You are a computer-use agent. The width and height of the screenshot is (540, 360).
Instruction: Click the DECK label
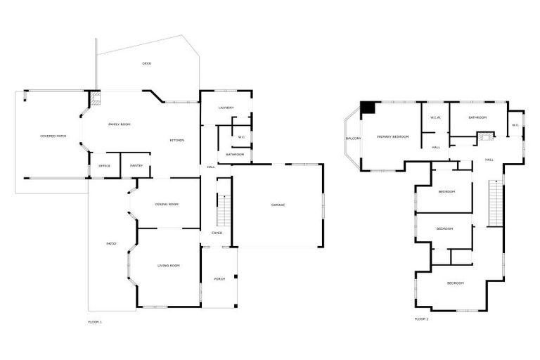click(147, 64)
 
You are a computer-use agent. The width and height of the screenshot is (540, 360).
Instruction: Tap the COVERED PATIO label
click(53, 135)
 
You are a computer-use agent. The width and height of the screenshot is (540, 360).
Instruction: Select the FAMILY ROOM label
click(120, 124)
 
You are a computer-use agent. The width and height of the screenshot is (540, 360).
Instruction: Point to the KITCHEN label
click(176, 141)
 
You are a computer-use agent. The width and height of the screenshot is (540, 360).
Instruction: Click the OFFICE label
click(105, 166)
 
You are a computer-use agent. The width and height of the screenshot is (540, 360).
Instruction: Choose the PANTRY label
click(136, 166)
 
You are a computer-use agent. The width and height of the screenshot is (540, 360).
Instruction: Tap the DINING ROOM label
click(167, 205)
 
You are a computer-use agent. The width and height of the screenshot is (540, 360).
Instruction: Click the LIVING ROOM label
click(169, 266)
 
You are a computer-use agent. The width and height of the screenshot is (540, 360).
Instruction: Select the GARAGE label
click(278, 205)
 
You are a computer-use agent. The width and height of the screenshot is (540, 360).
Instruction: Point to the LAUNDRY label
click(226, 108)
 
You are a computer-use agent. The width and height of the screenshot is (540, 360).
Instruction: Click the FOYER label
click(217, 233)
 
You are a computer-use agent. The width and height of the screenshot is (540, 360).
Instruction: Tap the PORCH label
click(219, 279)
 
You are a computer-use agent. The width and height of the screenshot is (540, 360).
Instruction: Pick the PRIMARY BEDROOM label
click(392, 136)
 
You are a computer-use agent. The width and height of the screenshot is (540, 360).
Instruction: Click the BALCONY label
click(353, 139)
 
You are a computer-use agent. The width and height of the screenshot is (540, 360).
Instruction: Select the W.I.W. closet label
click(435, 117)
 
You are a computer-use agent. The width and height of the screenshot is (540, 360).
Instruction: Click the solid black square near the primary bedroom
click(368, 108)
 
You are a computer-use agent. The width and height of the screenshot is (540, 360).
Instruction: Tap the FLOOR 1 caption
click(95, 322)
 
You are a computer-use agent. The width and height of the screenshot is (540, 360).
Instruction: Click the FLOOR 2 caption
click(421, 319)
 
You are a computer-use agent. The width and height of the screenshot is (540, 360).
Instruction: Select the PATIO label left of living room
click(111, 243)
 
